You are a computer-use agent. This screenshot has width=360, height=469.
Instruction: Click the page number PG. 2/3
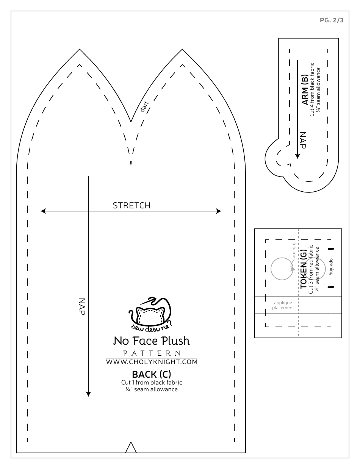click(332, 21)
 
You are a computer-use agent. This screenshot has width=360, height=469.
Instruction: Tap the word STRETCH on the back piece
click(131, 206)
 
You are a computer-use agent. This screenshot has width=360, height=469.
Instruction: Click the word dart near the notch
click(144, 108)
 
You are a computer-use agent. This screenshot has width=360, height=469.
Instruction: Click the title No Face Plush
click(152, 341)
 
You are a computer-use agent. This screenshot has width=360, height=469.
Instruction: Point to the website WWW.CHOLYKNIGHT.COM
click(152, 362)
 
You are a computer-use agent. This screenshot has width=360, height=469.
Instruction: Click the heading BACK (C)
click(152, 374)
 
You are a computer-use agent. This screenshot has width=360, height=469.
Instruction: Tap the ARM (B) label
click(304, 90)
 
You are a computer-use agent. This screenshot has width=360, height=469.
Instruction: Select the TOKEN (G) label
click(304, 269)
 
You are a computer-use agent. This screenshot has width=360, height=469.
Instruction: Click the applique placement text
click(283, 305)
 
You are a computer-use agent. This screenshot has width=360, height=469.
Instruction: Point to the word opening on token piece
click(331, 267)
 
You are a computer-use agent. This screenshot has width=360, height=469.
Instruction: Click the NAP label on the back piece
click(81, 306)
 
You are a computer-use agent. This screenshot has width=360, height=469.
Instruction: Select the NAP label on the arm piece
click(302, 140)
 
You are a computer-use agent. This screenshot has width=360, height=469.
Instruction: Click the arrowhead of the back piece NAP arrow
click(88, 394)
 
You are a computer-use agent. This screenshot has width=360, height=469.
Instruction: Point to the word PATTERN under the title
click(152, 353)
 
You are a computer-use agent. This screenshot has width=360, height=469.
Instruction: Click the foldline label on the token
click(294, 250)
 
